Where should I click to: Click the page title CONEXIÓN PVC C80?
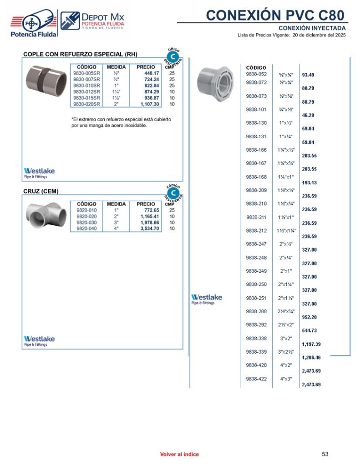(x=275, y=15)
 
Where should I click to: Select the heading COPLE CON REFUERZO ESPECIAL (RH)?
(x=80, y=54)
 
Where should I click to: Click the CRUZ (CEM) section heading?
(x=41, y=191)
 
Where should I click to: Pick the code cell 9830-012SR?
(x=86, y=91)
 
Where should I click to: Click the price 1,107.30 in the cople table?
(x=150, y=104)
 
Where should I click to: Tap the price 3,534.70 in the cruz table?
(x=150, y=229)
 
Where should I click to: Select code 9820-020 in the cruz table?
(x=86, y=217)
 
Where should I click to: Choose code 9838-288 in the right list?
(x=256, y=311)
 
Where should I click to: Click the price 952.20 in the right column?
(x=309, y=317)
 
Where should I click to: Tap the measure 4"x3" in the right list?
(x=286, y=379)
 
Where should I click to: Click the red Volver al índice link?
(x=179, y=454)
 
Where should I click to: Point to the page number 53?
(x=325, y=454)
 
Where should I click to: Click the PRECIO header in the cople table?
(x=146, y=67)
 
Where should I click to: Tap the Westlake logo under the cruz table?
(x=39, y=340)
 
